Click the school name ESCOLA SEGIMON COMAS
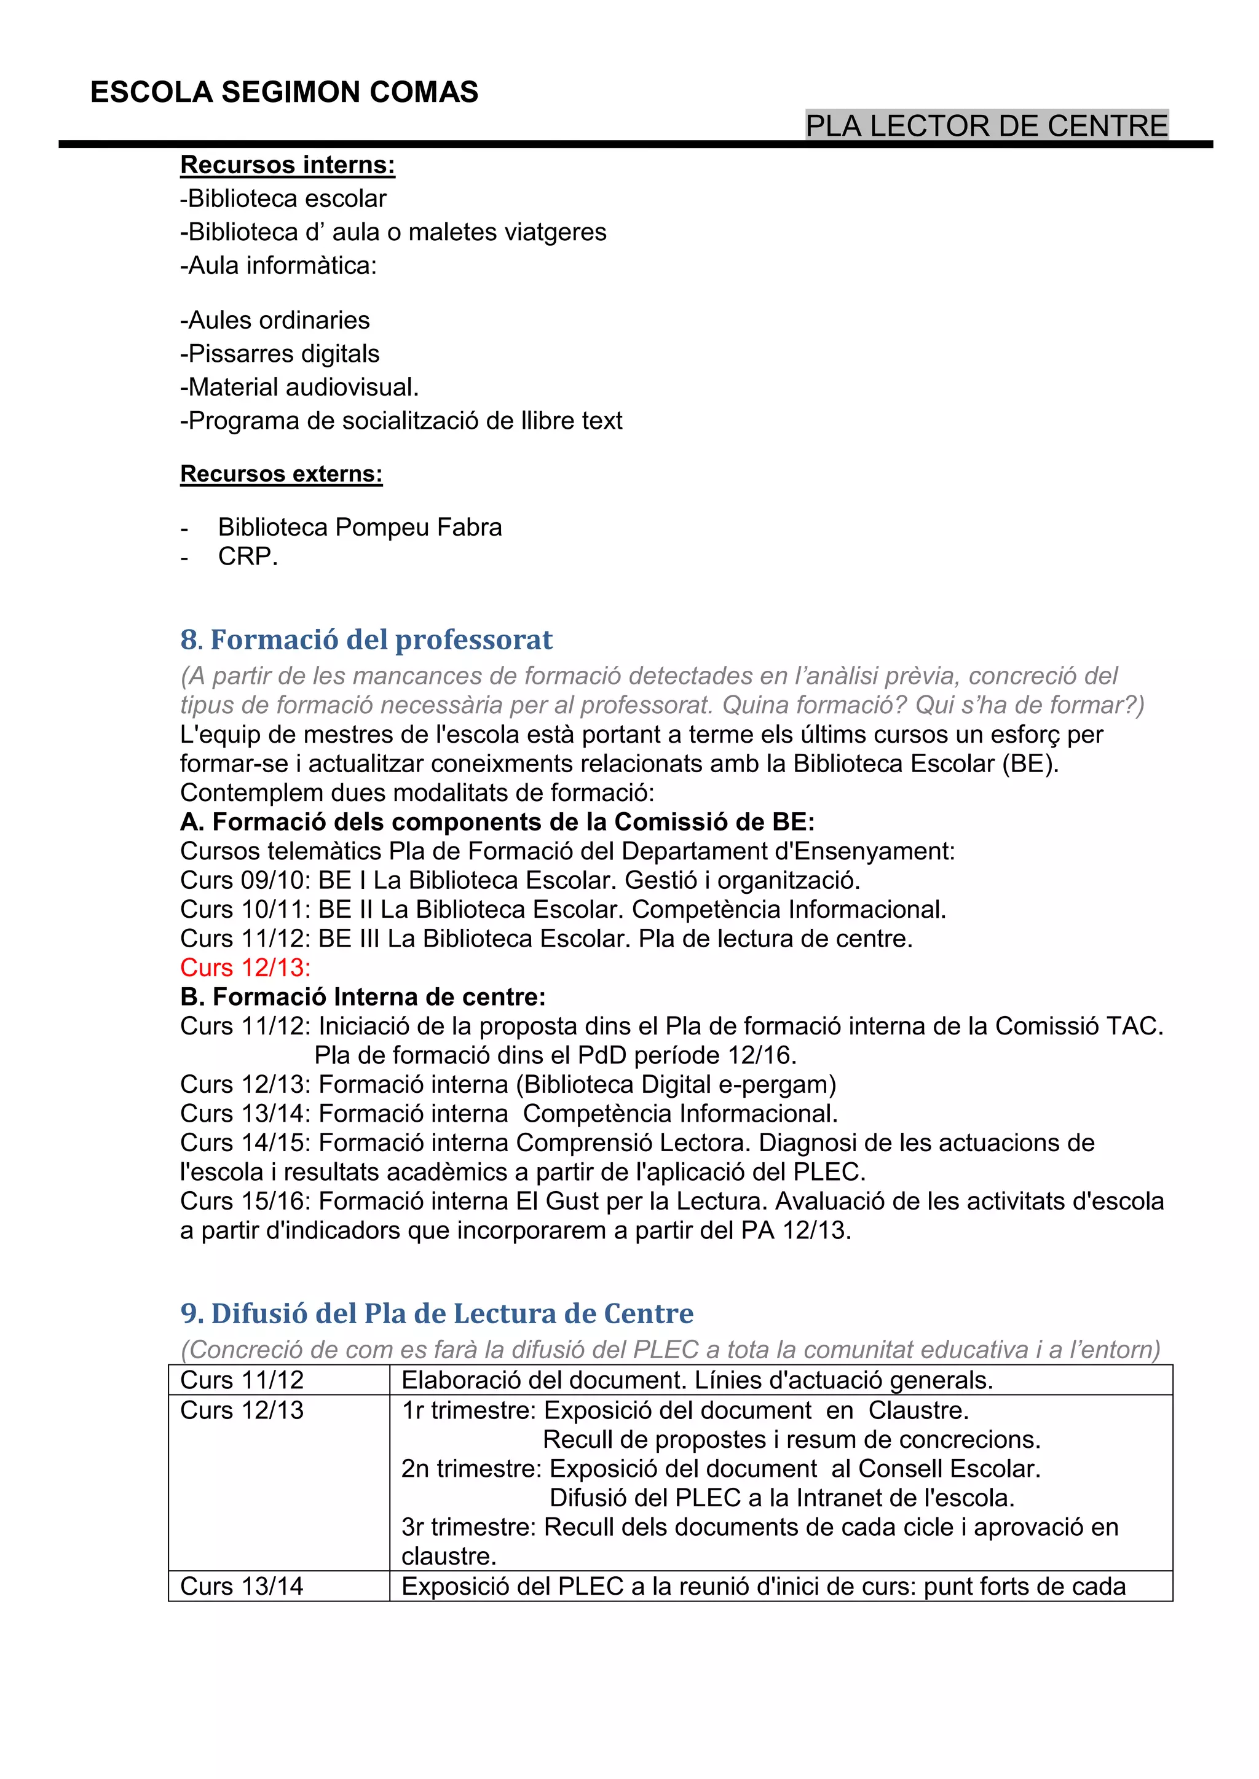tap(284, 93)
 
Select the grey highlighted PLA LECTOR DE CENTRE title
tap(986, 125)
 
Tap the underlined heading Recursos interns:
tap(288, 165)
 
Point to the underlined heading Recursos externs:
tap(282, 474)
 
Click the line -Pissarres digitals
tap(280, 354)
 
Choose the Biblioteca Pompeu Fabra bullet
tap(360, 528)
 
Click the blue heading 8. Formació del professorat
tap(366, 640)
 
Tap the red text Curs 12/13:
tap(245, 968)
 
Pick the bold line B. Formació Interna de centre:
tap(363, 997)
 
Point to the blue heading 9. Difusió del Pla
tap(436, 1313)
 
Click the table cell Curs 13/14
tap(242, 1586)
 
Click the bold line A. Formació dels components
tap(497, 822)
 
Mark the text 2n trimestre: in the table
tap(472, 1468)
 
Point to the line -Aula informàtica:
tap(278, 266)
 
